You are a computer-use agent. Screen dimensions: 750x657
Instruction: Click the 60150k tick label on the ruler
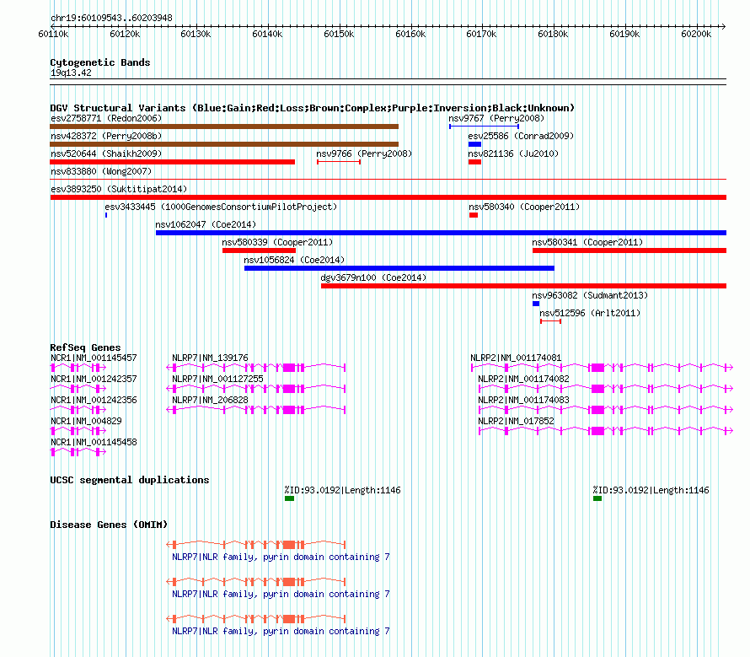pos(339,34)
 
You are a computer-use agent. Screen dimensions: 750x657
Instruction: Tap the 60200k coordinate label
pos(696,34)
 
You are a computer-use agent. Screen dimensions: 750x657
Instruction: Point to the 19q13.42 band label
pos(71,73)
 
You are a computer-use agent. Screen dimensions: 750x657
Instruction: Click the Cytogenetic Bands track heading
pos(100,62)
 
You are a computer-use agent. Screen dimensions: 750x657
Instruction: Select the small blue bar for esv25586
pos(474,144)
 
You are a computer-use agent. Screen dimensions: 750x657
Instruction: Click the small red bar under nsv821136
pos(474,162)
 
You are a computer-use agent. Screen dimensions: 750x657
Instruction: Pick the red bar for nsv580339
pos(259,250)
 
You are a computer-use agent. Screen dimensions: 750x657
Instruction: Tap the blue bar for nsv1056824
pos(399,268)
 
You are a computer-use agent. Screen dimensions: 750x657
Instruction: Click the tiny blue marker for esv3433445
pos(106,215)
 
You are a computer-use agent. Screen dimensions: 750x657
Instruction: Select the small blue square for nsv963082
pos(536,304)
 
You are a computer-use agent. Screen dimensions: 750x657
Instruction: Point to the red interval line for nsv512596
pos(550,321)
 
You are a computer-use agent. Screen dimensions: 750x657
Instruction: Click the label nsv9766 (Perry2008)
pos(364,153)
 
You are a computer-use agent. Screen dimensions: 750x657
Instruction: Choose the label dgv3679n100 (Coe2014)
pos(373,277)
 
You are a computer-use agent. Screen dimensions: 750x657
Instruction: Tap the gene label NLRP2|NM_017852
pos(516,421)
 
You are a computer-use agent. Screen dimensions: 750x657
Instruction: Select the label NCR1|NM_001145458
pos(94,442)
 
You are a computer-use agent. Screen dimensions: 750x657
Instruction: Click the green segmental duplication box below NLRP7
pos(289,498)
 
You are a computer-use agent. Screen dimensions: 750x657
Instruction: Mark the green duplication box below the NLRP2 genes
pos(597,498)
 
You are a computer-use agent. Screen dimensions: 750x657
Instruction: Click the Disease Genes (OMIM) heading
pos(109,525)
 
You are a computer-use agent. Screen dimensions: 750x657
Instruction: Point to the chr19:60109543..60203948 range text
pos(111,18)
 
